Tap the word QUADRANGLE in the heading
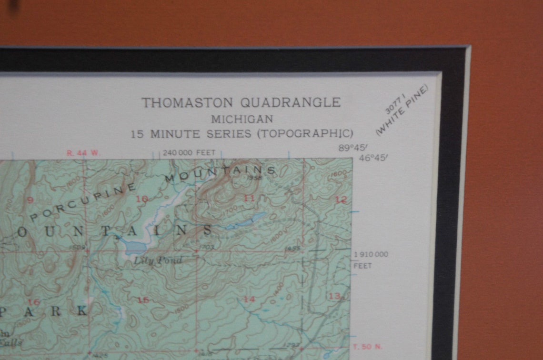click(291, 102)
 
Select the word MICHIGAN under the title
click(242, 119)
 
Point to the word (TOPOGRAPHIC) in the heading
click(305, 133)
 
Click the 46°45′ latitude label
click(373, 158)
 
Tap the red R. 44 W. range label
click(84, 153)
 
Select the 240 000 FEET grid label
click(189, 153)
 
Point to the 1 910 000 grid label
click(371, 254)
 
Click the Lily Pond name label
click(158, 260)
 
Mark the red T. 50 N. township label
click(366, 346)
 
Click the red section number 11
click(249, 198)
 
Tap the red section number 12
click(340, 200)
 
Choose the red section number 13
click(334, 296)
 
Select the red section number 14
click(249, 299)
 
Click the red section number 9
click(30, 200)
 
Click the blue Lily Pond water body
click(135, 247)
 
